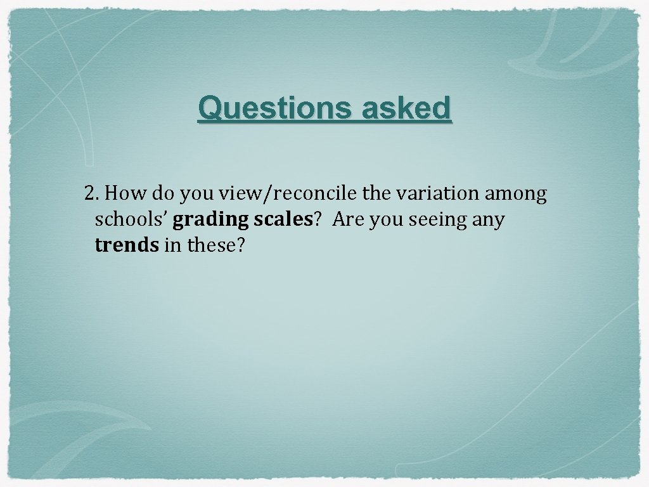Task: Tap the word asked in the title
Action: click(x=407, y=108)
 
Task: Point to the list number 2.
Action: click(x=90, y=193)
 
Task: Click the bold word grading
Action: click(x=210, y=220)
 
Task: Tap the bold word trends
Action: click(x=126, y=245)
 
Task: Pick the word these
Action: click(x=209, y=245)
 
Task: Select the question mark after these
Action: click(x=239, y=245)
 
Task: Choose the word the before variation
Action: click(x=378, y=193)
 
